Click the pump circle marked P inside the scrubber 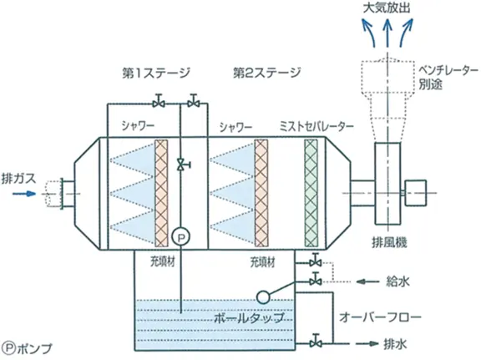(180, 237)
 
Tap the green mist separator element (311, 193)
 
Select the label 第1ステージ (156, 73)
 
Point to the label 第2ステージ (267, 73)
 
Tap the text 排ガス (18, 179)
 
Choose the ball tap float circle (263, 297)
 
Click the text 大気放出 (387, 8)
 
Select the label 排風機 (389, 242)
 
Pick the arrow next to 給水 (367, 281)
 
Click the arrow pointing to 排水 (367, 343)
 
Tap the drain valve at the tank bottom (315, 342)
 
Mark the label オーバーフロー (380, 317)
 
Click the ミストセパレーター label (316, 126)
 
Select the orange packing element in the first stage (161, 193)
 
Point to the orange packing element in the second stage (261, 193)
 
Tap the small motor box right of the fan (416, 193)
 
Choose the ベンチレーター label (448, 71)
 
